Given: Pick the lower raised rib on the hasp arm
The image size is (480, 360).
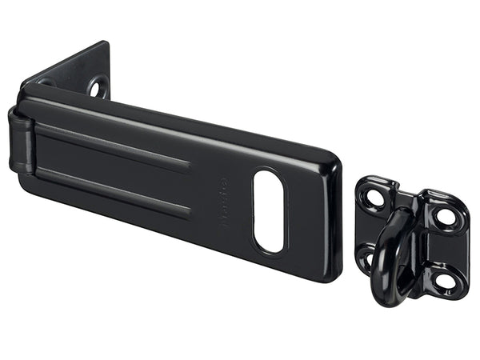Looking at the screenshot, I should (112, 190).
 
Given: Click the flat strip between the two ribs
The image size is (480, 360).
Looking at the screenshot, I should (112, 167).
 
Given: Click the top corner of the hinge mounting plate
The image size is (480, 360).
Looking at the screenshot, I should (106, 43).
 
